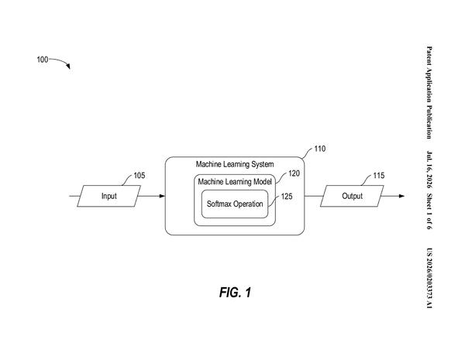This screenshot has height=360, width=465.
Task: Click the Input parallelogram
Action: click(108, 196)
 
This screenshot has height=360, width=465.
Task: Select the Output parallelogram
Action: click(352, 196)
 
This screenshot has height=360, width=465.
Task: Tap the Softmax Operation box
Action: click(235, 204)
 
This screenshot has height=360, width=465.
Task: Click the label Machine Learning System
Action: click(235, 164)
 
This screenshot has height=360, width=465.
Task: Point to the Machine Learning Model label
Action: click(235, 182)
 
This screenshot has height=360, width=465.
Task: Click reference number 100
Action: click(43, 60)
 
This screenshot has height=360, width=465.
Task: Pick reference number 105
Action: click(139, 176)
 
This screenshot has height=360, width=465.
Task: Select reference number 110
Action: click(319, 149)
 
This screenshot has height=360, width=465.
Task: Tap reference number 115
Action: click(378, 176)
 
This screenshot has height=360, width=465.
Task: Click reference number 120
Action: click(294, 173)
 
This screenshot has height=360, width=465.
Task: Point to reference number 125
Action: click(287, 196)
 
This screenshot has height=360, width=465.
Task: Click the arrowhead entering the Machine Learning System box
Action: click(162, 196)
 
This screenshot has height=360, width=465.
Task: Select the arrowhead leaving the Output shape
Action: click(401, 196)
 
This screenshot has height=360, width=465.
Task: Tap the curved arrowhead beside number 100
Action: click(68, 67)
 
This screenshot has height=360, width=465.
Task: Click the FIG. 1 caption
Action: click(235, 293)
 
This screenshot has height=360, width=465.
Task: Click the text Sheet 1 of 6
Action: click(429, 211)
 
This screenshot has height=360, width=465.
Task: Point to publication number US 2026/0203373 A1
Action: click(429, 278)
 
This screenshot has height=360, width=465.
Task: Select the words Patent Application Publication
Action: click(429, 92)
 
